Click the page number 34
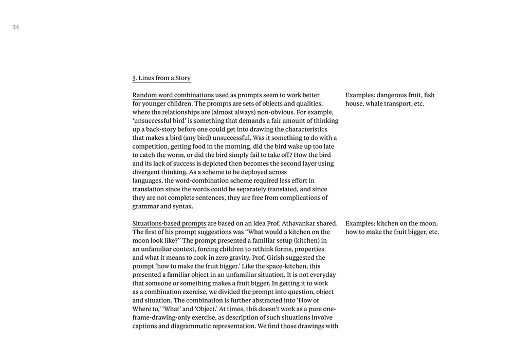coord(16,28)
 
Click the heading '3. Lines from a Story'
coord(161,78)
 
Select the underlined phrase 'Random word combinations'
coord(173,95)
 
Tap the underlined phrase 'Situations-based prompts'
coord(169,223)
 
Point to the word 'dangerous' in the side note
coord(392,95)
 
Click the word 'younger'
coord(153,104)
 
